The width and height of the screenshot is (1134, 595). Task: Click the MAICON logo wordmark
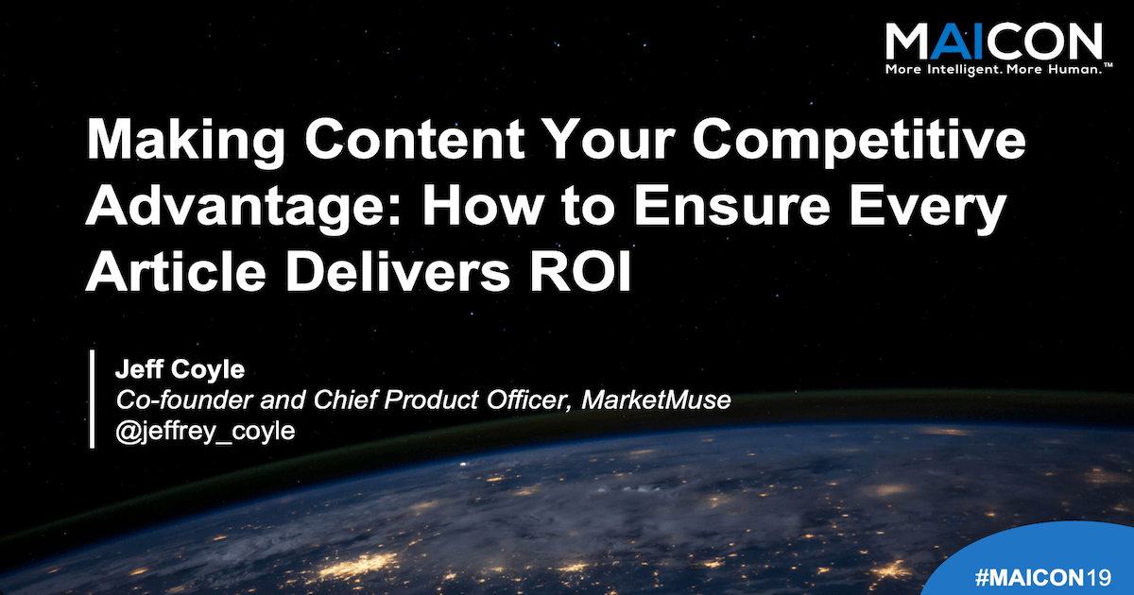tap(992, 42)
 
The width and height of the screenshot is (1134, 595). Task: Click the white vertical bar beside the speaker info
tap(94, 399)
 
